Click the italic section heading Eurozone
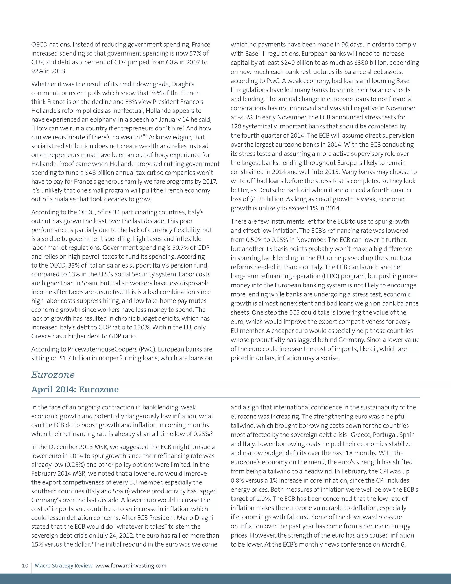pos(53,375)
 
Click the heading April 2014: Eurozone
pos(75,389)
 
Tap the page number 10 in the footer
pos(25,565)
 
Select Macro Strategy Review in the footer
pos(64,565)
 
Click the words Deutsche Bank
pos(278,190)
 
